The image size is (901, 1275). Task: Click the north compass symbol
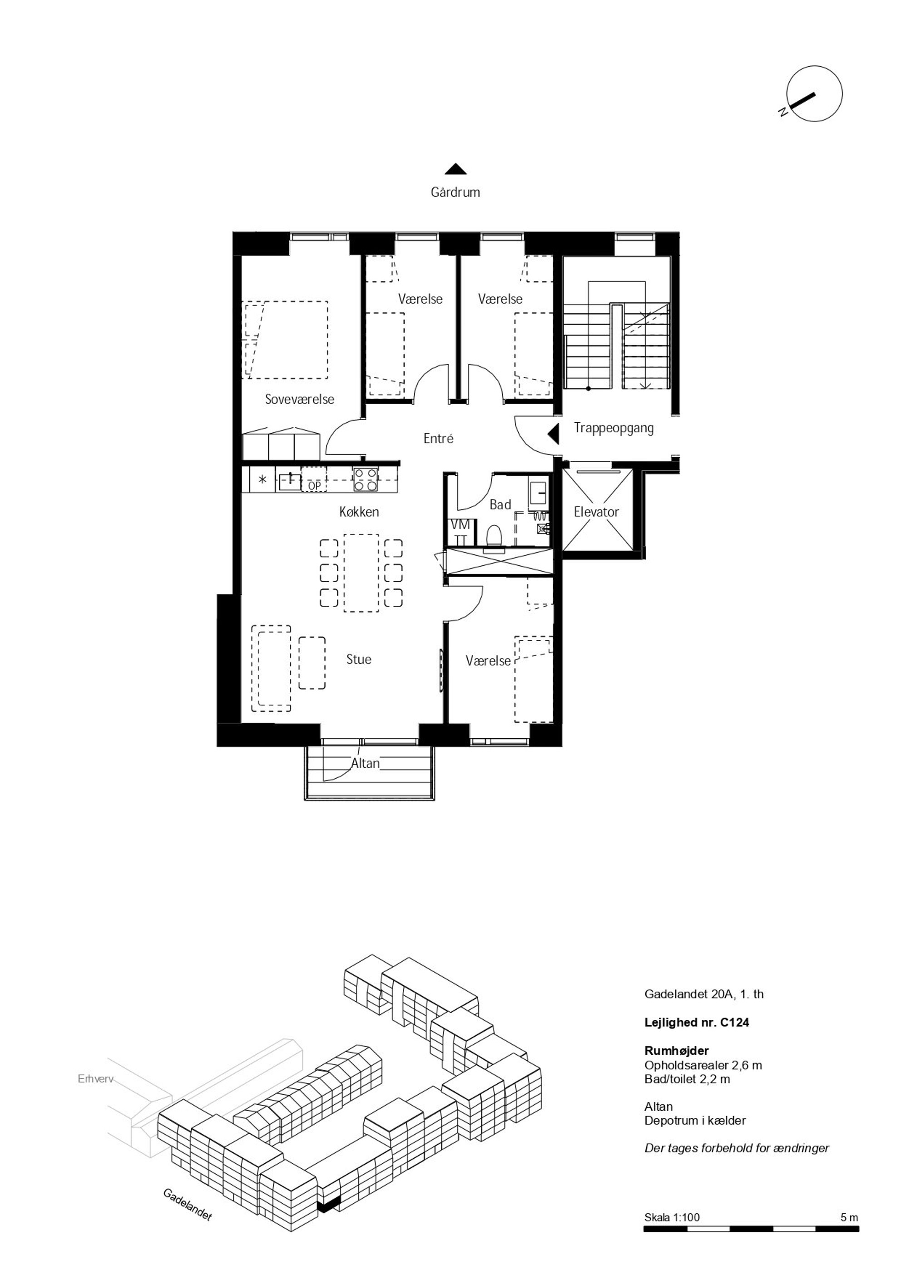click(x=814, y=94)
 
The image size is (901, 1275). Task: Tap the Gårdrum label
click(x=455, y=193)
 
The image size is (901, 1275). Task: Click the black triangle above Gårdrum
click(x=455, y=169)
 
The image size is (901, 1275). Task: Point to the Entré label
click(x=438, y=439)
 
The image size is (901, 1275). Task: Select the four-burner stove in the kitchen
click(x=366, y=480)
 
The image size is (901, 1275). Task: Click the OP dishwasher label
click(x=314, y=486)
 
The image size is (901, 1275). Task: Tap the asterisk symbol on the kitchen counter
click(x=263, y=479)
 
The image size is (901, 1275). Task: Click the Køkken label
click(x=359, y=512)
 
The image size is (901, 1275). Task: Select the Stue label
click(x=358, y=660)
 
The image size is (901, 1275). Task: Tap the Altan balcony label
click(x=365, y=764)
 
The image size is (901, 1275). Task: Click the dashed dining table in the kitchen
click(x=361, y=573)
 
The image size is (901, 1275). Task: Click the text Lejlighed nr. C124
click(x=697, y=1023)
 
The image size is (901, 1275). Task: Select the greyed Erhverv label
click(x=95, y=1080)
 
